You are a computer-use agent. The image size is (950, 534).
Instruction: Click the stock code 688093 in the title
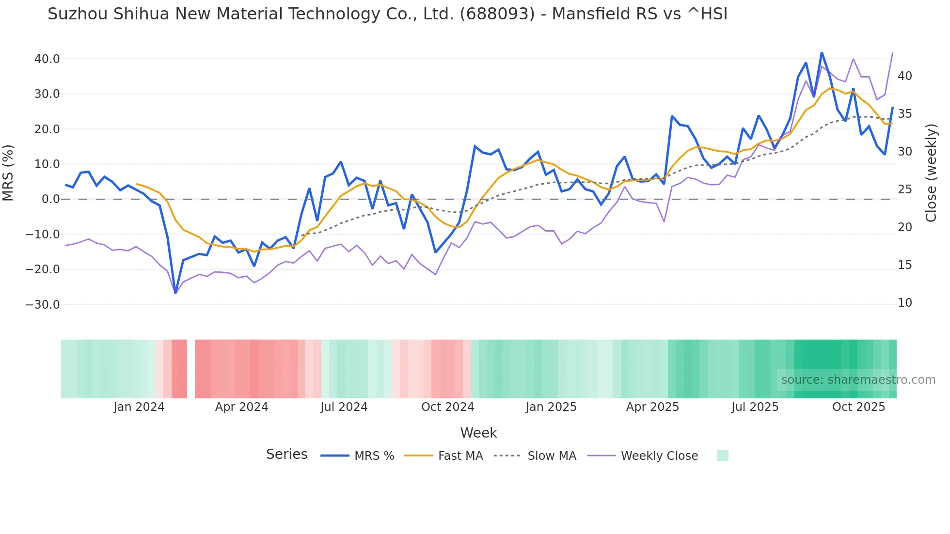[x=497, y=14]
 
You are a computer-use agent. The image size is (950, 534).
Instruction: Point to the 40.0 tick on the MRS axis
[x=47, y=59]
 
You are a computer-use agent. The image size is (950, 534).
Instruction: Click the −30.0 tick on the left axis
[x=43, y=305]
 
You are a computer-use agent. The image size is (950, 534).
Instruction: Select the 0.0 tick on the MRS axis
[x=51, y=199]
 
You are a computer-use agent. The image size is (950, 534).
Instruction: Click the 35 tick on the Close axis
[x=904, y=114]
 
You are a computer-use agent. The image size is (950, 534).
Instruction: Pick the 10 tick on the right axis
[x=904, y=303]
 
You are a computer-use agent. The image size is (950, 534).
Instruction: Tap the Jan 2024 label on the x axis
[x=139, y=407]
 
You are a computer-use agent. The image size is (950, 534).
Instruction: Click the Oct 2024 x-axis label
[x=447, y=407]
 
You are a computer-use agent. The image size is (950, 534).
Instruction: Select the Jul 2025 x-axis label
[x=755, y=407]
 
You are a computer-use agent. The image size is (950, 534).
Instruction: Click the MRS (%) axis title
[x=8, y=173]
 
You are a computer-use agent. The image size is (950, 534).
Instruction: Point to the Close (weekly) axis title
[x=931, y=173]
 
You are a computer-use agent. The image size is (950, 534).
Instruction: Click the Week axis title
[x=478, y=433]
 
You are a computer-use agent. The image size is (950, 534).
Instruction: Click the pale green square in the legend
[x=722, y=455]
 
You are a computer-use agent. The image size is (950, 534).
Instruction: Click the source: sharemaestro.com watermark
[x=858, y=380]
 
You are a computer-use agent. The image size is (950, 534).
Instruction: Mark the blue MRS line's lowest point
[x=175, y=293]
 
